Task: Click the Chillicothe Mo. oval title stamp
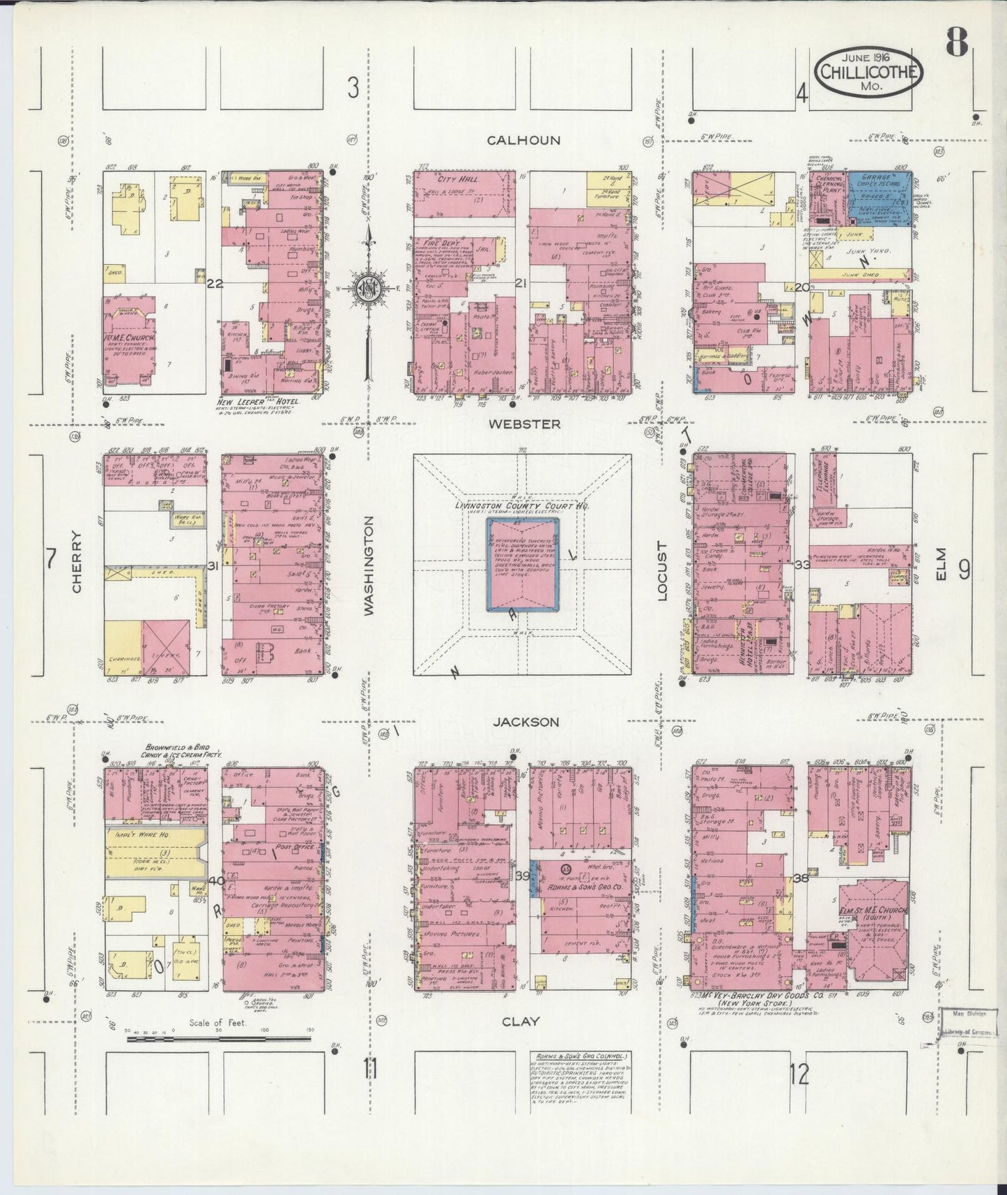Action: [x=869, y=71]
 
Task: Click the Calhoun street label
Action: [x=523, y=140]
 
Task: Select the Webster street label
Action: [x=523, y=424]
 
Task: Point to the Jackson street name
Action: [x=525, y=722]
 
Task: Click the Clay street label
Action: [x=521, y=1021]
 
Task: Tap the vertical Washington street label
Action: [x=369, y=565]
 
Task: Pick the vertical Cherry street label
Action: [x=77, y=563]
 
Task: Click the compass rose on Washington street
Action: [x=368, y=288]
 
